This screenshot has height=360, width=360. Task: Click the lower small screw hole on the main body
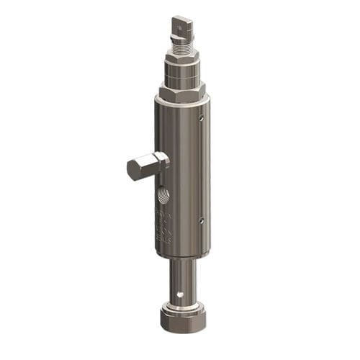[202, 220]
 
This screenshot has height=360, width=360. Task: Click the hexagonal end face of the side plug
[135, 171]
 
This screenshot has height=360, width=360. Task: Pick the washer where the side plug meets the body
[165, 162]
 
